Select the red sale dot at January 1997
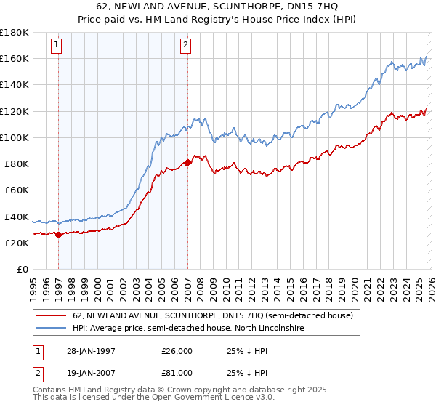click(x=58, y=235)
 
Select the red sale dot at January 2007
click(x=187, y=162)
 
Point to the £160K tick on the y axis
click(x=14, y=58)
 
